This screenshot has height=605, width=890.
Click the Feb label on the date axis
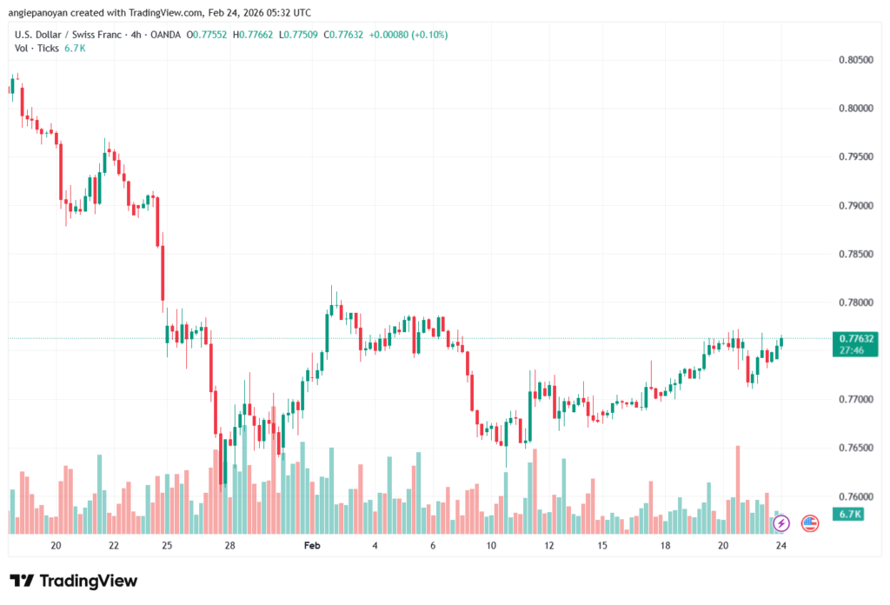tap(313, 546)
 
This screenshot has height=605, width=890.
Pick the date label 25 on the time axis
tap(168, 546)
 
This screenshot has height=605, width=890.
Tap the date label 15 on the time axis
tap(601, 546)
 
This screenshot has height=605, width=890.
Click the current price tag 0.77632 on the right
tap(853, 337)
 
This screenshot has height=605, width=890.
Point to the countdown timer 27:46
tap(853, 349)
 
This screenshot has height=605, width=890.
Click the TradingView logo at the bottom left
tap(73, 581)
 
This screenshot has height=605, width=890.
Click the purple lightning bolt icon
tap(780, 523)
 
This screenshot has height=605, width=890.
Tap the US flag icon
tap(809, 523)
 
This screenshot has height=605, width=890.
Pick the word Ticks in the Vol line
tap(47, 48)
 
